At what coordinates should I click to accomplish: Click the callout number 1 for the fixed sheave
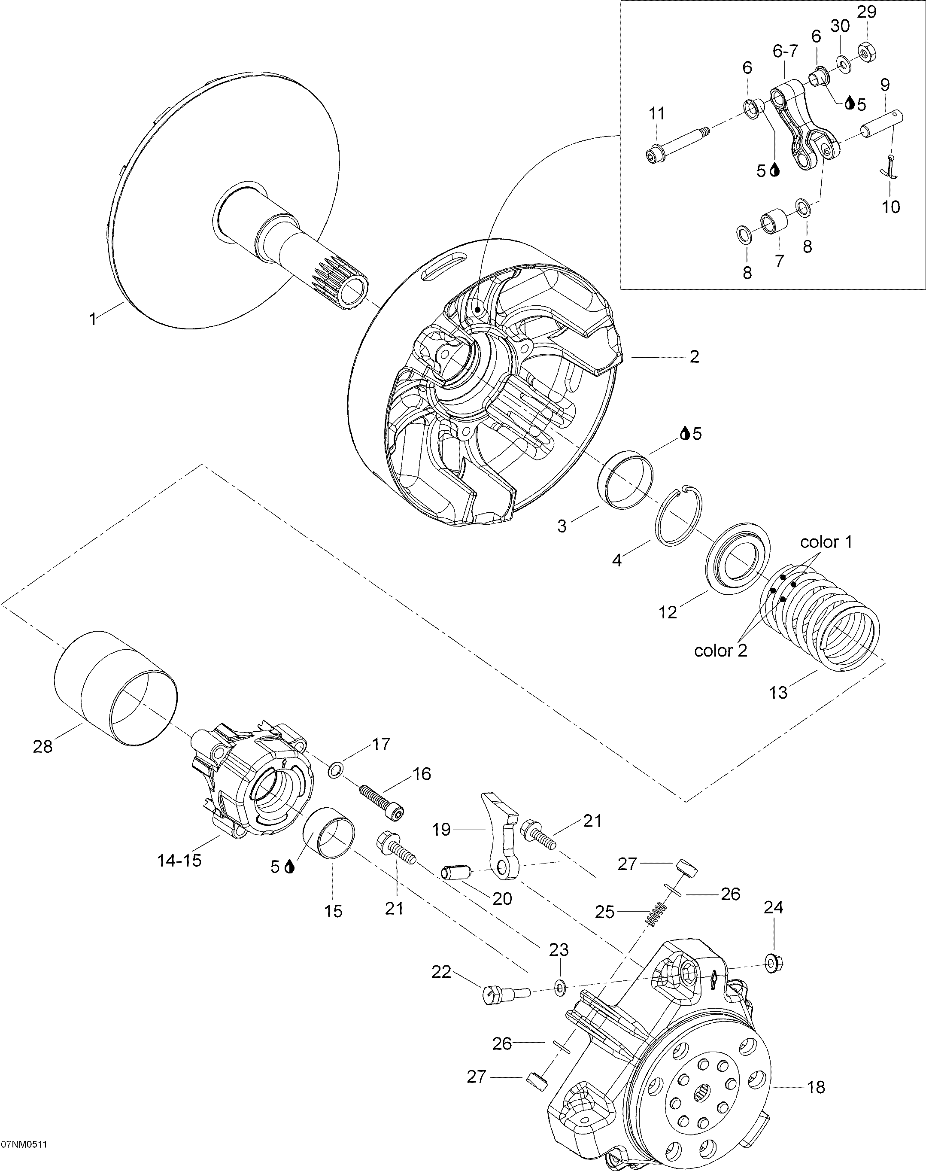[93, 319]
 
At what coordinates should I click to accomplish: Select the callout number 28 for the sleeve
[43, 747]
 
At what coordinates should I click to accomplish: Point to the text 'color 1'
[826, 541]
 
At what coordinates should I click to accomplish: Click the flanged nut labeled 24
[773, 963]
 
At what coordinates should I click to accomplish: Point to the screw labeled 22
[505, 994]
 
